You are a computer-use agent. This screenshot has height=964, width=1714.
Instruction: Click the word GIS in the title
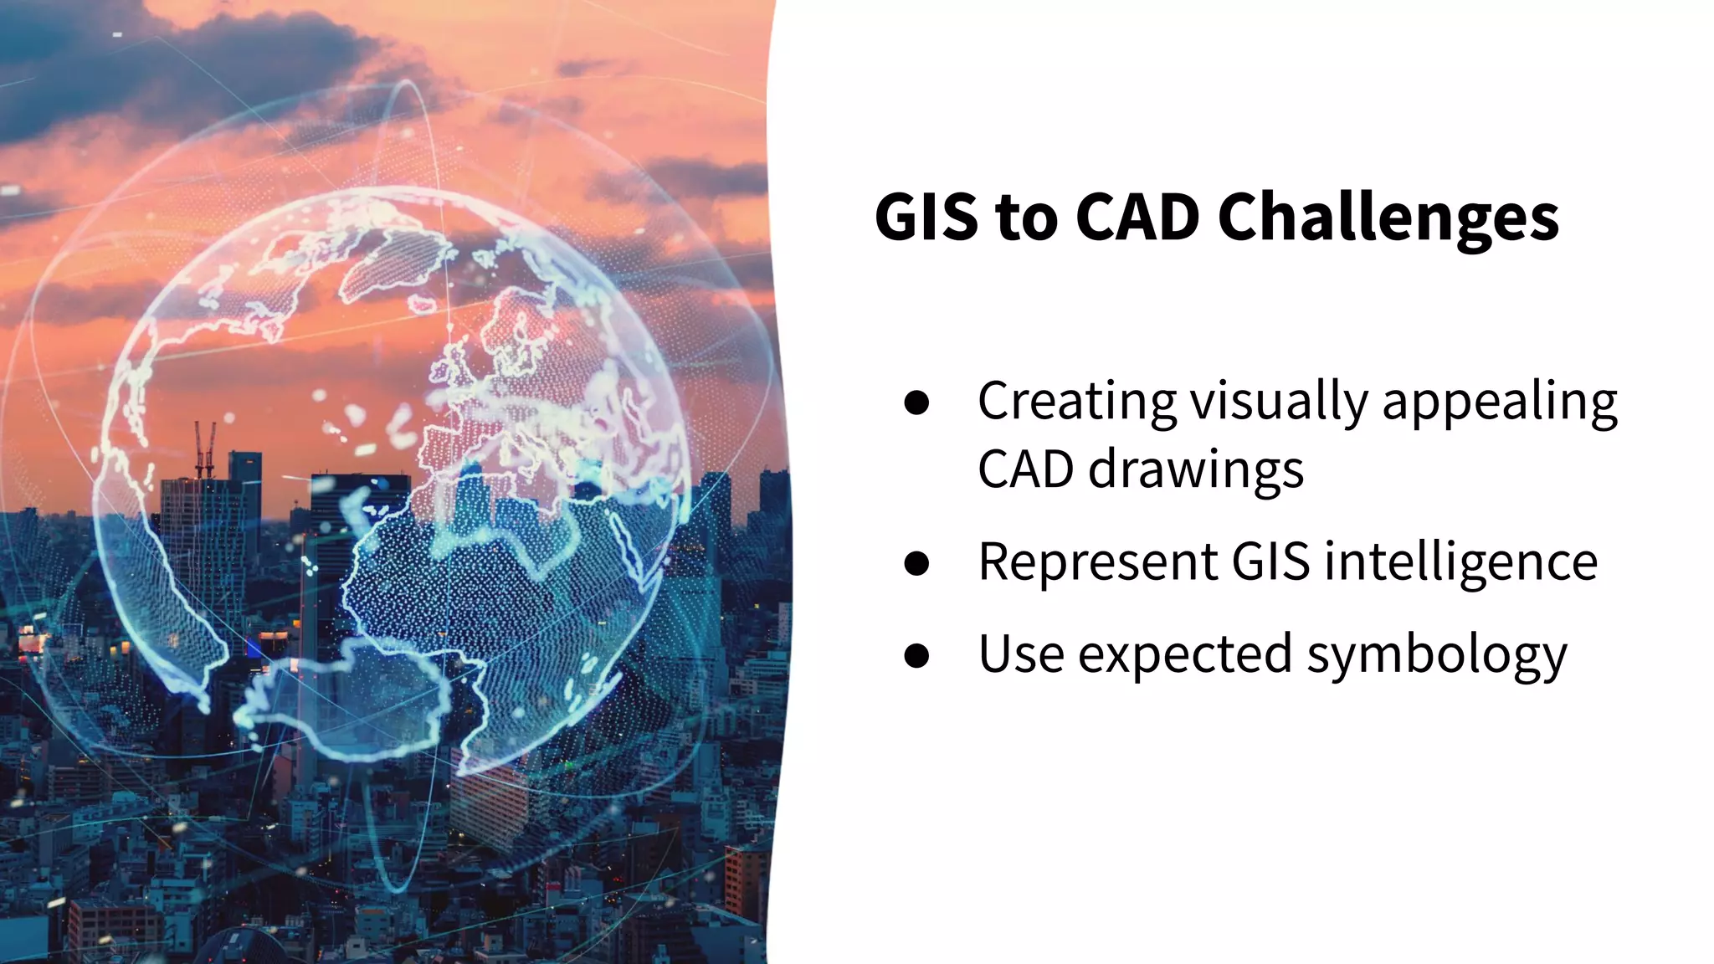pyautogui.click(x=926, y=218)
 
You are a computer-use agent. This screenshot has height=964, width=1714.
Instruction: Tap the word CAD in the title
pyautogui.click(x=1140, y=218)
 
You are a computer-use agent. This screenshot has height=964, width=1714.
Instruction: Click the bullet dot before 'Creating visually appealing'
pyautogui.click(x=917, y=403)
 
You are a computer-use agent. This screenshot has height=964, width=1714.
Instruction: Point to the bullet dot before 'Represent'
pyautogui.click(x=917, y=563)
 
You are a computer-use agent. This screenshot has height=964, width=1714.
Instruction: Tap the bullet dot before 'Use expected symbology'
pyautogui.click(x=917, y=655)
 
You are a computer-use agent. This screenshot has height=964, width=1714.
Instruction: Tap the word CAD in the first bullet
pyautogui.click(x=1025, y=469)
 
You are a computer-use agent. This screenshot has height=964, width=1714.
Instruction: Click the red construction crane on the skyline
pyautogui.click(x=204, y=448)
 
